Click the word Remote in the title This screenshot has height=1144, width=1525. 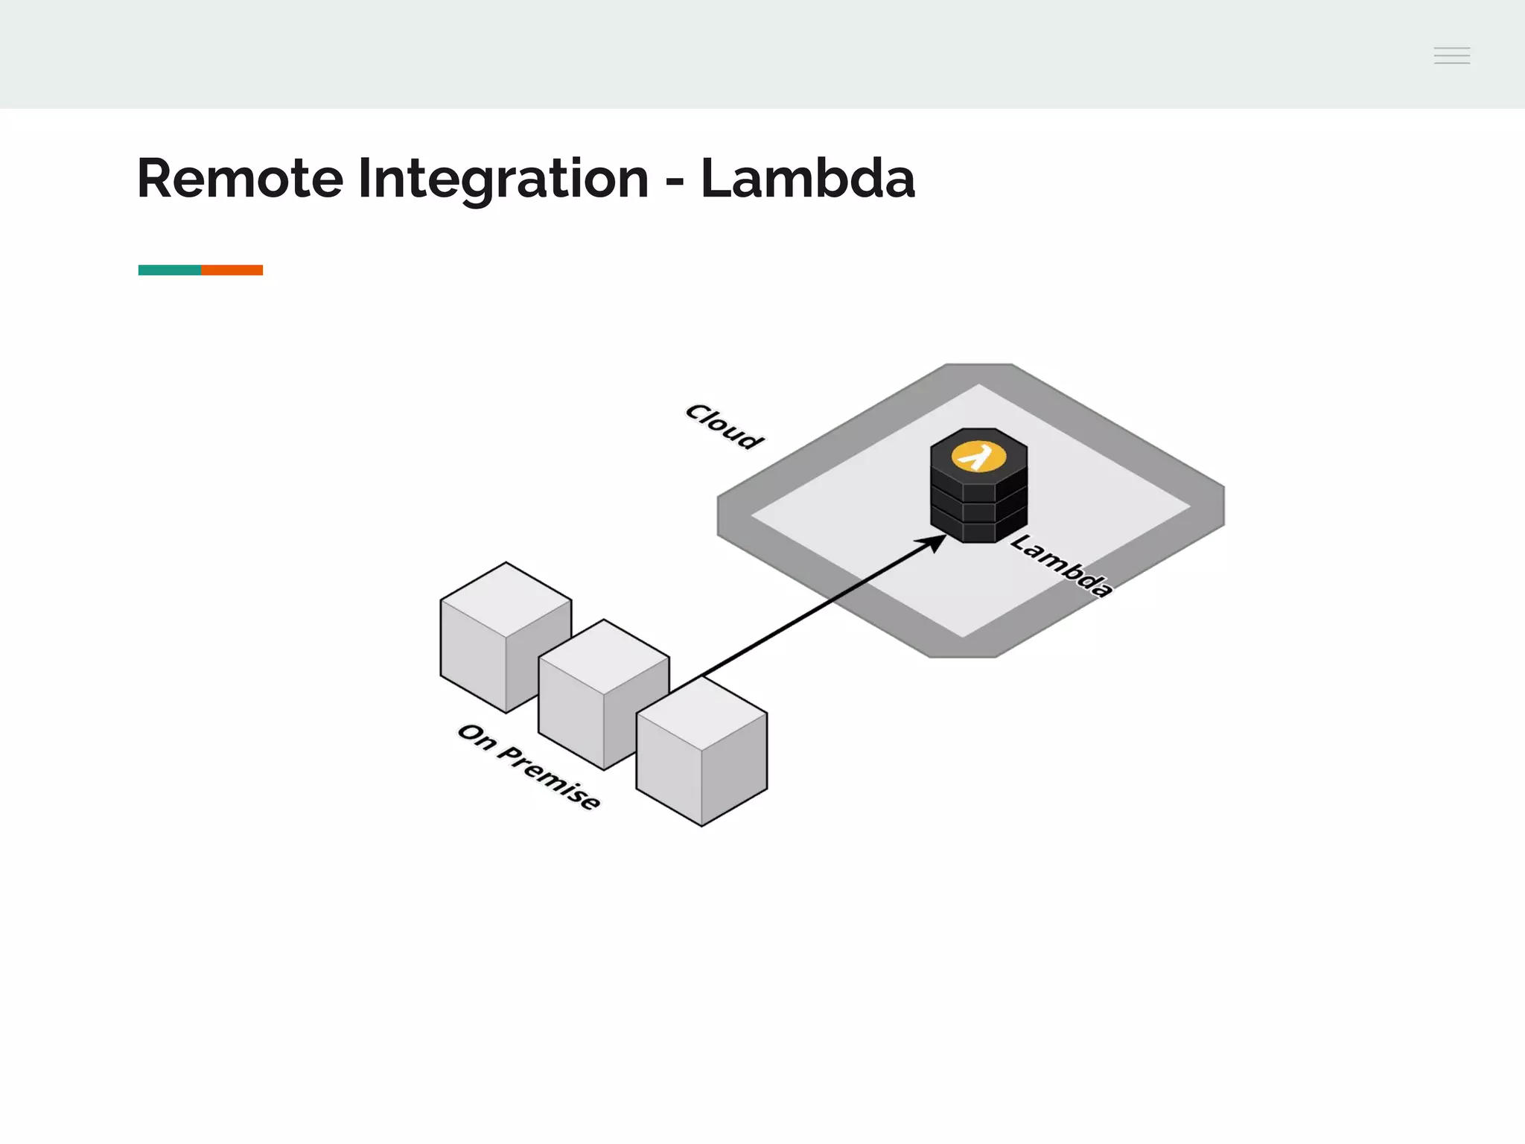[x=240, y=179]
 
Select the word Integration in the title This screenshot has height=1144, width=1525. [x=503, y=179]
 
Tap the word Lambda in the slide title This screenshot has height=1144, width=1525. [x=807, y=179]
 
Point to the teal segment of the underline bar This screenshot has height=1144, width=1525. [x=170, y=270]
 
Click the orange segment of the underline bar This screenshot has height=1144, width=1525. [x=232, y=270]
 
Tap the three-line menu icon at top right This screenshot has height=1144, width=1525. [x=1451, y=55]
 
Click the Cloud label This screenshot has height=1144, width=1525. [x=725, y=426]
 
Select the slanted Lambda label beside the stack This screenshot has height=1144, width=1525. [x=1061, y=565]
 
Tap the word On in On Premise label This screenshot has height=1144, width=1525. [x=477, y=737]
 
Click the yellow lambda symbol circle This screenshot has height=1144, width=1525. [x=978, y=456]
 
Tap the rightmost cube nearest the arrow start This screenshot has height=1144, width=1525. [x=701, y=752]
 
